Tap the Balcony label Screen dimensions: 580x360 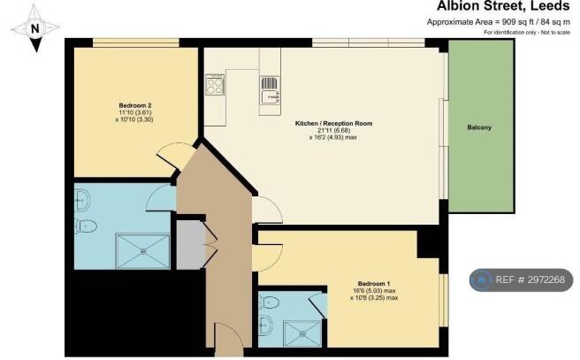pos(479,127)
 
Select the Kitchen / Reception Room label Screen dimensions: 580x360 pos(333,123)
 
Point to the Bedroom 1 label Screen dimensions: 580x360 pos(374,284)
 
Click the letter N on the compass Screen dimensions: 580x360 pos(35,28)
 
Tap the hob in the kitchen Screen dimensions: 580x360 pos(215,85)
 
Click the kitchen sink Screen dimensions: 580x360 pos(270,90)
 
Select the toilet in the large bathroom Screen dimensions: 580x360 pos(86,226)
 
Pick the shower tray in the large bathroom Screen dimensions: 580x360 pos(142,251)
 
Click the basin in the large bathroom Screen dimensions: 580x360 pos(82,201)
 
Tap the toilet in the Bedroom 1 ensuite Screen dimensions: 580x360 pos(269,303)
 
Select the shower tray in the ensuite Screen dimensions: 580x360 pos(302,333)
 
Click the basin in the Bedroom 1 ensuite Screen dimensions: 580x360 pos(265,326)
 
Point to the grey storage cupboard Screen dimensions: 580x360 pos(190,245)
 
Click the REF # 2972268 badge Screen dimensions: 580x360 pos(521,280)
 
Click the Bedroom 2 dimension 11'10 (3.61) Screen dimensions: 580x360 pos(134,112)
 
